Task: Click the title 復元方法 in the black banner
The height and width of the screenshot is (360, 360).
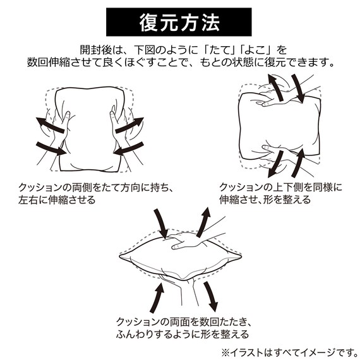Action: click(179, 23)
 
